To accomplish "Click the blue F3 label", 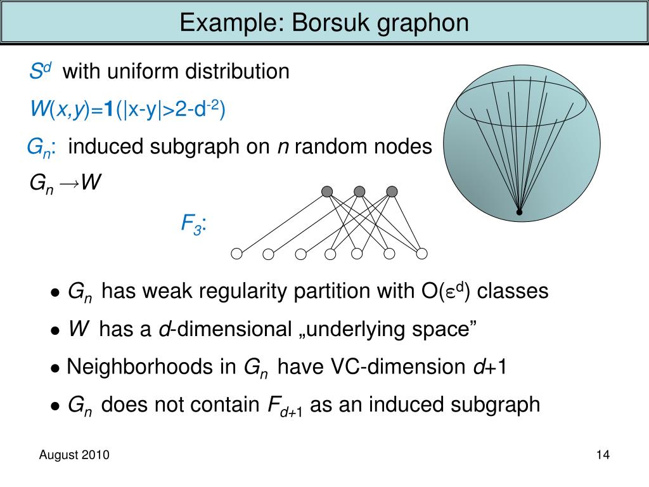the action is (x=193, y=224).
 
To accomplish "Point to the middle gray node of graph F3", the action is (x=359, y=192).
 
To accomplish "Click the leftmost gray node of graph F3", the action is (x=327, y=192).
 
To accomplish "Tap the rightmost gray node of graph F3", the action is (x=392, y=192).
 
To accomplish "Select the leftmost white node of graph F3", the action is (x=236, y=254).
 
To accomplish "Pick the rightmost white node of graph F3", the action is (x=422, y=254).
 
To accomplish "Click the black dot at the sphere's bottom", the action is (x=519, y=212).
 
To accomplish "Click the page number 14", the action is (x=602, y=455).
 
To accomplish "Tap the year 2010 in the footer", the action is (x=96, y=455).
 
